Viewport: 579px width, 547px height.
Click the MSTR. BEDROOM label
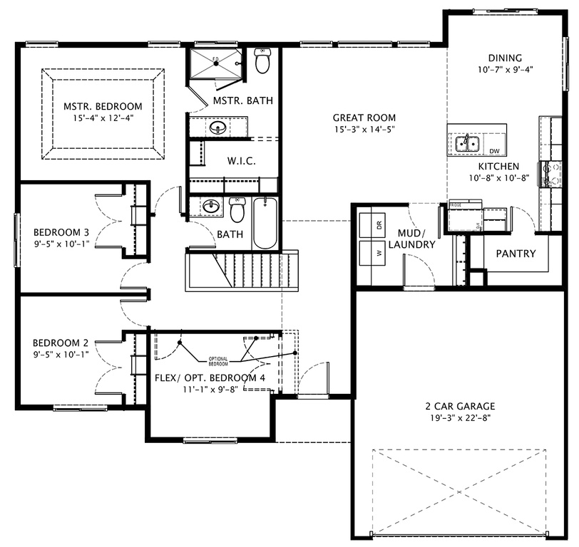pos(103,106)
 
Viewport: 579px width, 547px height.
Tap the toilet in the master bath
pos(262,62)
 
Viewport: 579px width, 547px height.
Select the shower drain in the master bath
pos(216,64)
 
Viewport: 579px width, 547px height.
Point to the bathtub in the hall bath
pos(265,222)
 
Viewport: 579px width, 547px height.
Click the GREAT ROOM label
pos(364,118)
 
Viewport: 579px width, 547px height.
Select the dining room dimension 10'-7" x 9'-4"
pos(505,70)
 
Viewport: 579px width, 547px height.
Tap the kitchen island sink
pos(466,142)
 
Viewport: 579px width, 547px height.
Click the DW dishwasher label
pos(494,151)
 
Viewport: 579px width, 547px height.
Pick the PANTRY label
pos(516,254)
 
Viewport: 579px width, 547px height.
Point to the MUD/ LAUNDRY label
pos(411,239)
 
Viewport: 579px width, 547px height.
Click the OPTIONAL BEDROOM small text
pos(218,361)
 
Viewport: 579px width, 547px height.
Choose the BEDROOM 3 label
pos(61,231)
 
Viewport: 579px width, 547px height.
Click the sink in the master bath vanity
pos(219,129)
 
